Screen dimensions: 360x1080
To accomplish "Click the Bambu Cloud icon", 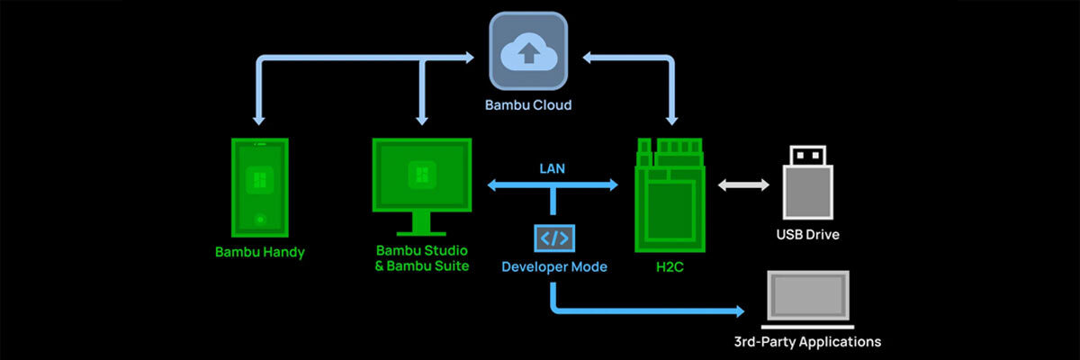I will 528,52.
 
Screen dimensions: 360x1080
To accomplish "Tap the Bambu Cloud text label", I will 528,105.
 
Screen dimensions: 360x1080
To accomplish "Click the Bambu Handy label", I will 259,252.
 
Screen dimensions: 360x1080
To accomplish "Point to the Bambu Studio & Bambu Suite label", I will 422,257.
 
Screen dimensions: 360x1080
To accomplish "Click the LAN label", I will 553,167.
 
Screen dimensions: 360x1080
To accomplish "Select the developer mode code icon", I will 553,238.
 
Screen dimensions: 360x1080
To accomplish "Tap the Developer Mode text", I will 553,266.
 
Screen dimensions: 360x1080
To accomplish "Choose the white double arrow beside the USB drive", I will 743,185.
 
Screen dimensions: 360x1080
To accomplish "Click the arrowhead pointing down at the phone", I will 259,118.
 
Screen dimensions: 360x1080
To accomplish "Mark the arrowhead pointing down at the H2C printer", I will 670,118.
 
